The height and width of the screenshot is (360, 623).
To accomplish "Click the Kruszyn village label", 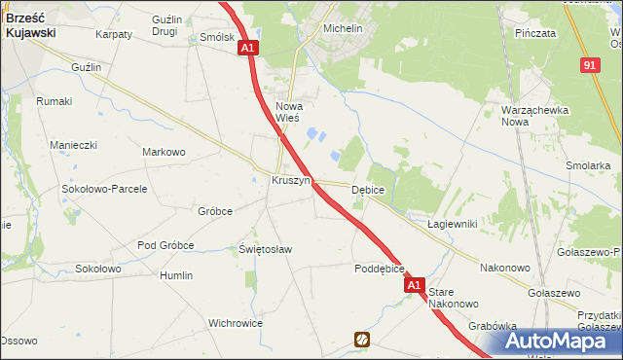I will (x=290, y=181).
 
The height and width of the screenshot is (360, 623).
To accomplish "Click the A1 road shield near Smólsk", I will (x=248, y=47).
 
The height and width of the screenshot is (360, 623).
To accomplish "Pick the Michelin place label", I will (x=342, y=29).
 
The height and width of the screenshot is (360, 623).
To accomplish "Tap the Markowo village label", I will (x=164, y=152).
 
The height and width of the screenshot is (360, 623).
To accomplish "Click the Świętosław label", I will (x=266, y=249).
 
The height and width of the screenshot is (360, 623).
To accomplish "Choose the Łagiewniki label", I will (x=452, y=224).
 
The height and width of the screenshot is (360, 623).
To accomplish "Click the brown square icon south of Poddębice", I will (x=362, y=340).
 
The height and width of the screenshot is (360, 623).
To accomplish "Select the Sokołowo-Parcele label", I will (x=104, y=189).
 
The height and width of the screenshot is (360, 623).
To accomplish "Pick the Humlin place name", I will (x=176, y=275).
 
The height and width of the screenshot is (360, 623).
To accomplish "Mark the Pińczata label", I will (x=536, y=33).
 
